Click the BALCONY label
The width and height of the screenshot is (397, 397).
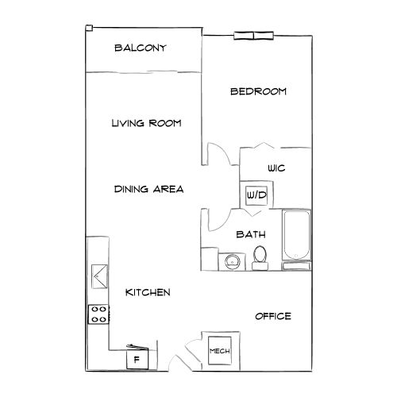pyautogui.click(x=140, y=48)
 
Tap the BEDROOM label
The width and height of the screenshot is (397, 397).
pyautogui.click(x=258, y=91)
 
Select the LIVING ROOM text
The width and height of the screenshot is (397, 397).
pyautogui.click(x=147, y=123)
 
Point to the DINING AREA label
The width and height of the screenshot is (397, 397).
pyautogui.click(x=149, y=189)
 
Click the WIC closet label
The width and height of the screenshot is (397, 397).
pyautogui.click(x=276, y=168)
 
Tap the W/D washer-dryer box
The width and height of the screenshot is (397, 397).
pyautogui.click(x=256, y=195)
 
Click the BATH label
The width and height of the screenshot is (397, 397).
pyautogui.click(x=251, y=234)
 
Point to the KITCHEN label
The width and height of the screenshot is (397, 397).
pyautogui.click(x=148, y=292)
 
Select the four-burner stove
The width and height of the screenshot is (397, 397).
pyautogui.click(x=98, y=314)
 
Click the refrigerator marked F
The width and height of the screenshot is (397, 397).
pyautogui.click(x=137, y=359)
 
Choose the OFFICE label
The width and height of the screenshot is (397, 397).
pyautogui.click(x=272, y=316)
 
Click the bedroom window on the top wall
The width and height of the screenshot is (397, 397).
pyautogui.click(x=254, y=35)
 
